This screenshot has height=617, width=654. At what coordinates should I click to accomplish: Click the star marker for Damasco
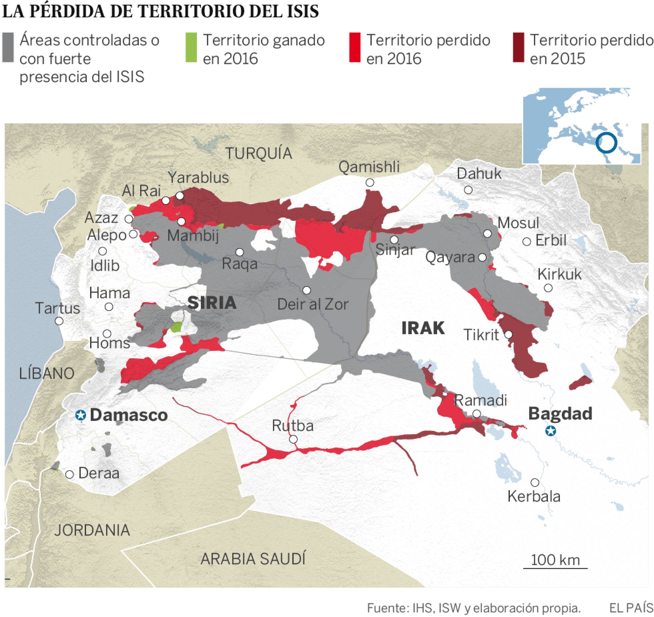coord(80,415)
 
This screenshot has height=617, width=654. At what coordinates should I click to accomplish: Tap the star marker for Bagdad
coord(550,431)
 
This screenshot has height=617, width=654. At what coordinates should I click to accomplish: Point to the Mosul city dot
coord(487,233)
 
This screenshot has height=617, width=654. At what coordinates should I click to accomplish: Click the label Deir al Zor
coord(313,304)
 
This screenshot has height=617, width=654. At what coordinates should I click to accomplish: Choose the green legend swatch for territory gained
coord(191,47)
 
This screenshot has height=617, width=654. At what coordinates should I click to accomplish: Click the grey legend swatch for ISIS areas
coord(8,47)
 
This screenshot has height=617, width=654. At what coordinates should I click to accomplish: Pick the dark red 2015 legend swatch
coord(518,47)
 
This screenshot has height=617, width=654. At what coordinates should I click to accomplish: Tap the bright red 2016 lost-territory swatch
coord(355,47)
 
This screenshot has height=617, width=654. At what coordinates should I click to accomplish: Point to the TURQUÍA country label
coord(259,153)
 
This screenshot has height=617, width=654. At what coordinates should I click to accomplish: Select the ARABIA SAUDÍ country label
coord(253,559)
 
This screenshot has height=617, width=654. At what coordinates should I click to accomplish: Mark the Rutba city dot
coord(293,440)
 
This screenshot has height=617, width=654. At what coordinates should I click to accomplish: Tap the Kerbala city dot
coord(535,483)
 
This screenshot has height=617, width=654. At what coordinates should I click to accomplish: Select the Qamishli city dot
coord(370,182)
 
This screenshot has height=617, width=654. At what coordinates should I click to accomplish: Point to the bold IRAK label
coord(423,328)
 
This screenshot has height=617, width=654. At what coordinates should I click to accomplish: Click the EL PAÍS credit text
coord(631,608)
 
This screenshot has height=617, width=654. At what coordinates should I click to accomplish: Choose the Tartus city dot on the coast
coord(59,321)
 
